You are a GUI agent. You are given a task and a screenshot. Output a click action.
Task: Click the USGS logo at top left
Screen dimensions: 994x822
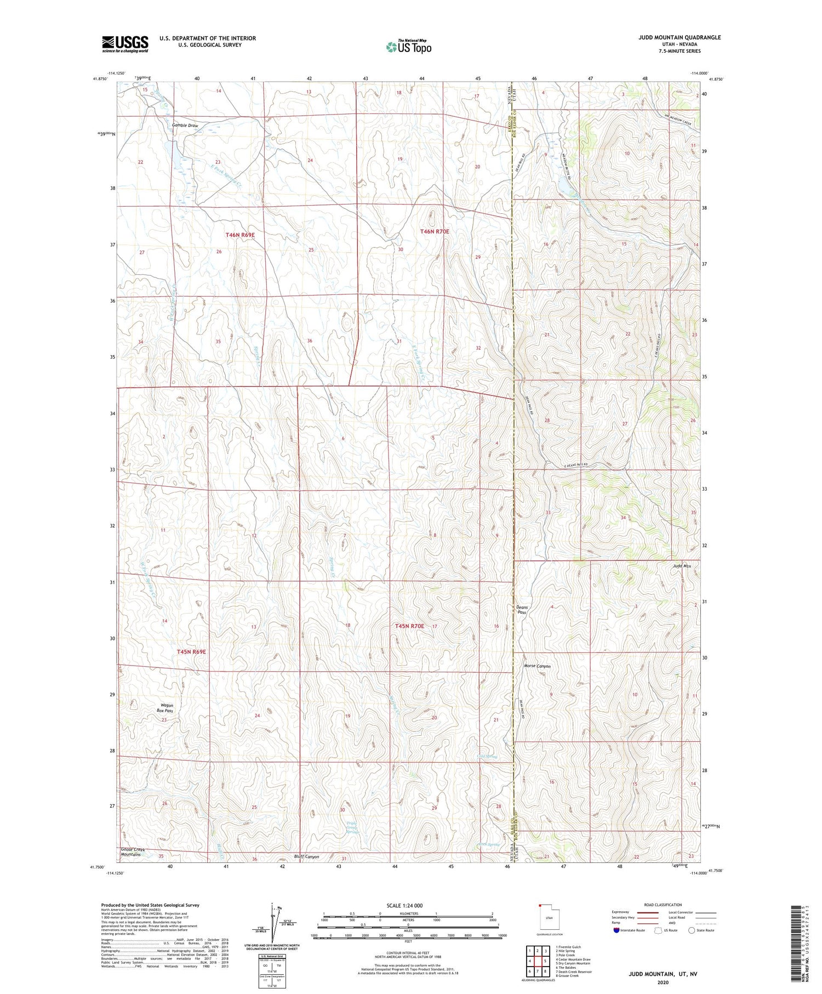pyautogui.click(x=125, y=44)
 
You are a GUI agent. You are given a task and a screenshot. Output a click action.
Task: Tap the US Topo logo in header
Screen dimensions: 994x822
pyautogui.click(x=408, y=47)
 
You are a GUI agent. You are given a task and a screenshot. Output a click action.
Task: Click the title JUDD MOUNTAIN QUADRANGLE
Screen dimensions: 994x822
pyautogui.click(x=679, y=38)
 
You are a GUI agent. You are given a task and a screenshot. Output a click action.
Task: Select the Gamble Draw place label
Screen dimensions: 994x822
pyautogui.click(x=185, y=126)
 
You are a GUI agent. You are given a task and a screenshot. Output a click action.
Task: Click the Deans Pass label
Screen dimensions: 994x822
pyautogui.click(x=522, y=609)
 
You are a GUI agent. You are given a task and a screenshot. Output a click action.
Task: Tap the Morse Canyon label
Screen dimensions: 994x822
pyautogui.click(x=537, y=666)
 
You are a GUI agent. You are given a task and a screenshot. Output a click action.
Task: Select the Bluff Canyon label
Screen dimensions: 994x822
pyautogui.click(x=306, y=856)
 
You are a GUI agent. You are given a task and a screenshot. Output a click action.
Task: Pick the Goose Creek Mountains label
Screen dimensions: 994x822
pyautogui.click(x=131, y=852)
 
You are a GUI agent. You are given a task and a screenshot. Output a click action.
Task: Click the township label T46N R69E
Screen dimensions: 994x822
pyautogui.click(x=240, y=235)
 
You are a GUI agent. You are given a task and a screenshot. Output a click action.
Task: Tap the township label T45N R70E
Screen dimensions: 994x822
pyautogui.click(x=409, y=626)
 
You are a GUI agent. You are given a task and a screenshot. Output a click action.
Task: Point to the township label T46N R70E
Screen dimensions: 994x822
pyautogui.click(x=435, y=231)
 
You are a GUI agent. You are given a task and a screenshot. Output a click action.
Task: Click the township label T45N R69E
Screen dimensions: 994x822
pyautogui.click(x=191, y=651)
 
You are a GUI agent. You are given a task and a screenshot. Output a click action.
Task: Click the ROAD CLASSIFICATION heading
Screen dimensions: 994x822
pyautogui.click(x=663, y=905)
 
